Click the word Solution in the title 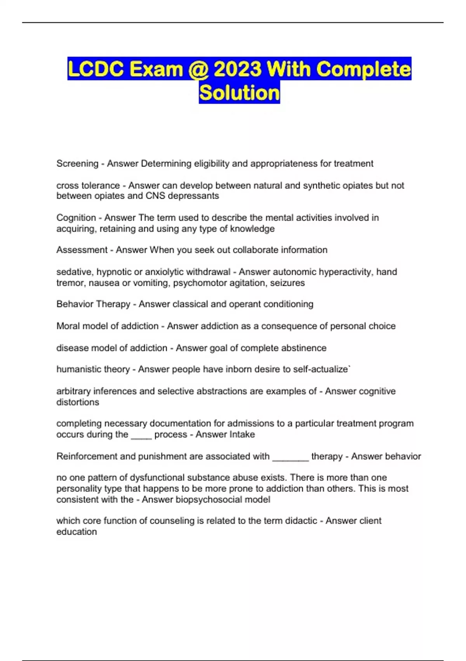(x=239, y=93)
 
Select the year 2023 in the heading (x=237, y=69)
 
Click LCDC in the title (x=96, y=69)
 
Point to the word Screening (x=77, y=164)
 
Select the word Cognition (x=76, y=218)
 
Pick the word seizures (x=287, y=283)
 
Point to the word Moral (x=69, y=326)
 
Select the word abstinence (x=303, y=348)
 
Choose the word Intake (x=240, y=435)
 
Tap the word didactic (x=301, y=521)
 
